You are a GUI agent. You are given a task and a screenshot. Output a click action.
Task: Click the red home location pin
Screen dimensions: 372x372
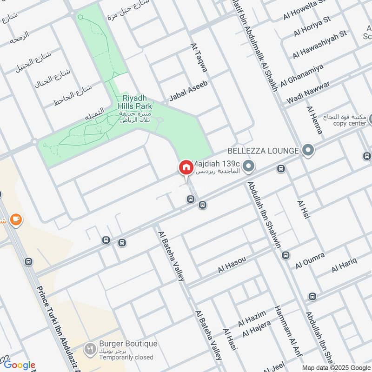click(x=186, y=167)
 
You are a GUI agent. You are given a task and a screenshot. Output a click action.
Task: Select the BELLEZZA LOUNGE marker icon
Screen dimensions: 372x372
click(x=307, y=150)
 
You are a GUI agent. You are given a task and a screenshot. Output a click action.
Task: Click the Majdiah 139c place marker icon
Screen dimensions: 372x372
click(x=249, y=166)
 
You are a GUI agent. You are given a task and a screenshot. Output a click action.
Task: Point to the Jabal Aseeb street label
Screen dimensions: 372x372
click(x=188, y=91)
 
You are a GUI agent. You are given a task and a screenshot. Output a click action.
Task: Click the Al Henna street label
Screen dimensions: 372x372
click(x=314, y=120)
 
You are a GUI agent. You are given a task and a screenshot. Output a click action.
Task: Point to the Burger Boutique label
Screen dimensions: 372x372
click(x=128, y=345)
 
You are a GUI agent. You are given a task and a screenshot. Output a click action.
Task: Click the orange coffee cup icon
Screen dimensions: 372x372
click(x=16, y=219)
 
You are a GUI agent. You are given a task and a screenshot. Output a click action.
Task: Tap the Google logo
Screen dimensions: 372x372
click(x=19, y=365)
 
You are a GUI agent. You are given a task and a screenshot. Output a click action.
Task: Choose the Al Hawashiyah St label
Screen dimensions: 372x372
click(x=320, y=45)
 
